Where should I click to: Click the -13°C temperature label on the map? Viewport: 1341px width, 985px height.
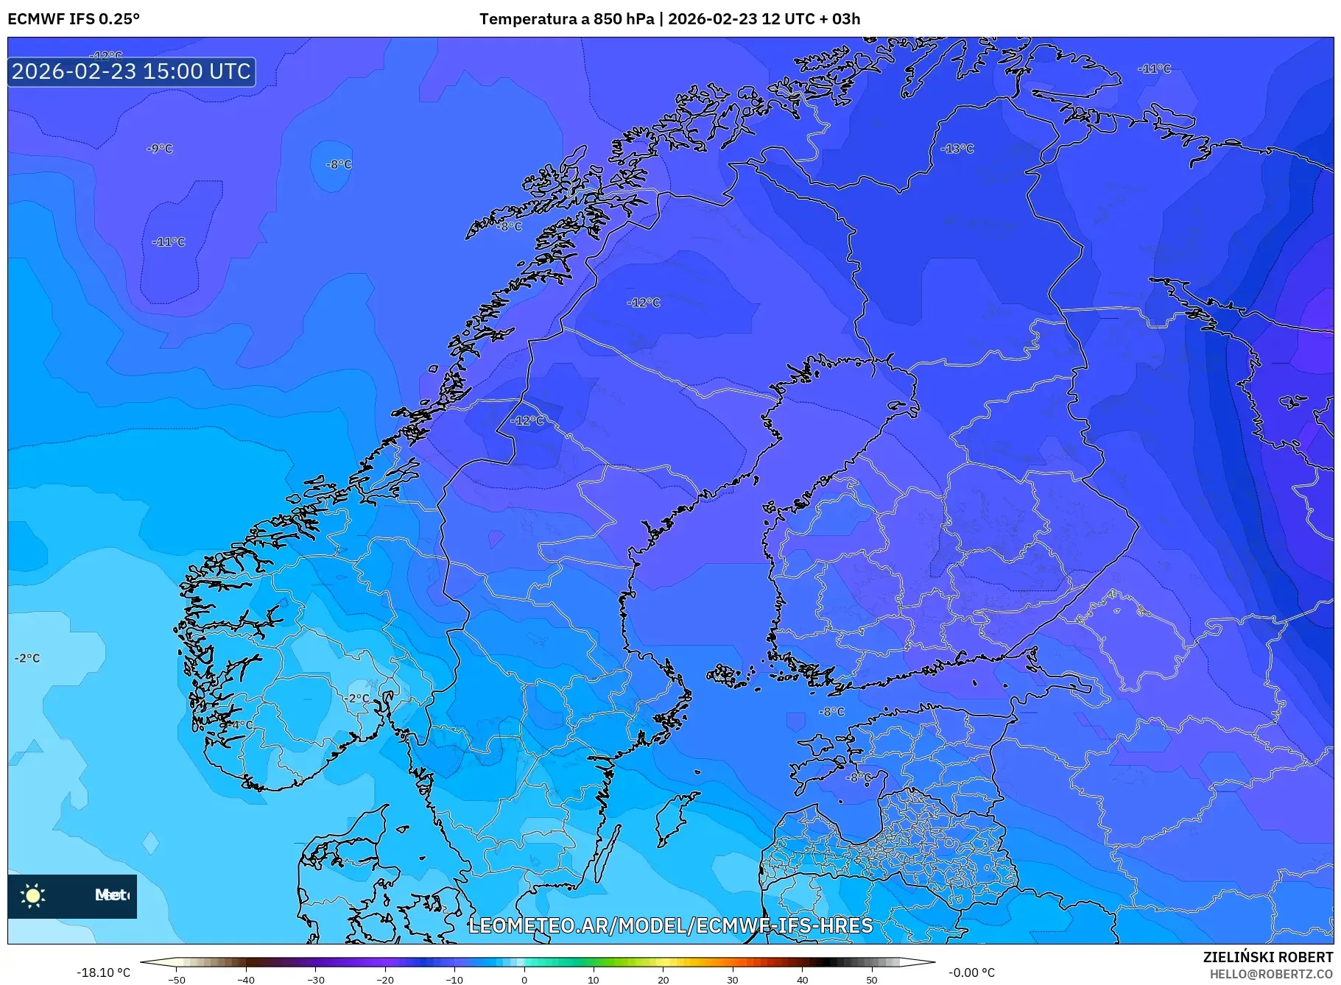(x=957, y=149)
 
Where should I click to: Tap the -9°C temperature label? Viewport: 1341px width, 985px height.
(x=160, y=149)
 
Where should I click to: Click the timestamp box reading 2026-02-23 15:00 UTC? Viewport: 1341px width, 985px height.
(x=131, y=71)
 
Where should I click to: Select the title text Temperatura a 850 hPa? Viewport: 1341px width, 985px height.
(x=566, y=19)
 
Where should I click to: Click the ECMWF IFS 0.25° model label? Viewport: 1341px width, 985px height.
(x=74, y=19)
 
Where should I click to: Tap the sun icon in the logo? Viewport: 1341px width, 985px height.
(x=33, y=895)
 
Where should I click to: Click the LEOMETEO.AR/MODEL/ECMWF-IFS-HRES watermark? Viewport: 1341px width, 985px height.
(x=670, y=925)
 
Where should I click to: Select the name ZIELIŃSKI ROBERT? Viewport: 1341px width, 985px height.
(x=1267, y=957)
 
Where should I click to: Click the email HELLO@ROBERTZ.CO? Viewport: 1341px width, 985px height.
(x=1270, y=974)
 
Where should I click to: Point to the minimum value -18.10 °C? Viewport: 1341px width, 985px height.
(x=103, y=972)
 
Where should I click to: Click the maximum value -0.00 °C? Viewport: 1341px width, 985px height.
(x=971, y=972)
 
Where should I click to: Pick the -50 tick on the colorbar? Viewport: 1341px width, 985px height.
(x=177, y=980)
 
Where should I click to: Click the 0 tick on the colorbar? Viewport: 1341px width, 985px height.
(x=524, y=980)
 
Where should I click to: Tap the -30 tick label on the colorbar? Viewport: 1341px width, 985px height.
(x=315, y=980)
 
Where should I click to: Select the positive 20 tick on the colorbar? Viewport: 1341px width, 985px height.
(x=663, y=980)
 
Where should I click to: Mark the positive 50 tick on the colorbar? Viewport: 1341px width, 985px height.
(x=872, y=980)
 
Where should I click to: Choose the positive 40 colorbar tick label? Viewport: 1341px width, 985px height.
(x=802, y=980)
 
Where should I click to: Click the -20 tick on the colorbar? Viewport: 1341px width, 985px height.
(x=385, y=980)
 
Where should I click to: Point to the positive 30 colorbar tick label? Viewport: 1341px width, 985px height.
(x=733, y=980)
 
